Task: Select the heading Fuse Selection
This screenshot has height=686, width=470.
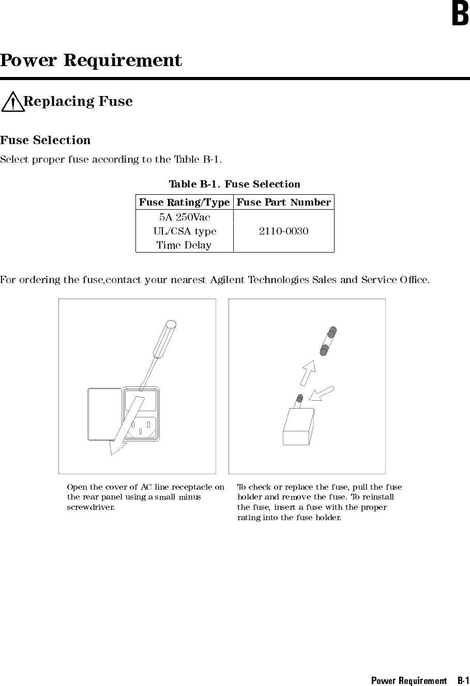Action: (45, 140)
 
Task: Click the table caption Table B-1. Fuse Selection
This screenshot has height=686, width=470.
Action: (234, 184)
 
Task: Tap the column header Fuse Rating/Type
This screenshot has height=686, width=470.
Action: (184, 202)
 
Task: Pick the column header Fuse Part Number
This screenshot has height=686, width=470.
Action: (283, 202)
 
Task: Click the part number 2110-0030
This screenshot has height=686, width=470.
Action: (283, 231)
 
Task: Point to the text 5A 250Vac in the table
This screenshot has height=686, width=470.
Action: (184, 217)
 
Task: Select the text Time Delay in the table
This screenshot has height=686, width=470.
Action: (184, 245)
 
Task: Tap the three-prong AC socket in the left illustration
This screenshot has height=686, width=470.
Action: (140, 427)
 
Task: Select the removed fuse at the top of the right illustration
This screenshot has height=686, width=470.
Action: (327, 341)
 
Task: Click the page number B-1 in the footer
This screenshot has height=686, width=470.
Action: (463, 680)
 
